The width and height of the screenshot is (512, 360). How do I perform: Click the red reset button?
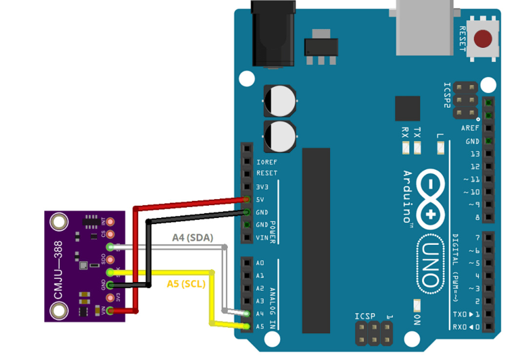tap(483, 39)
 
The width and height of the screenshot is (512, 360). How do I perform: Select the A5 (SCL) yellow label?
tap(186, 283)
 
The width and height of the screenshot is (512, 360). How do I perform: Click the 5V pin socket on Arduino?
tap(247, 200)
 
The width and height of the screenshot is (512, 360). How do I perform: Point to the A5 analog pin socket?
tap(247, 326)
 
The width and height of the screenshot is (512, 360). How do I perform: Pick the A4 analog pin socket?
tap(247, 314)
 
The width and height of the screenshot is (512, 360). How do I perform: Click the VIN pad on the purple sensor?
tap(111, 310)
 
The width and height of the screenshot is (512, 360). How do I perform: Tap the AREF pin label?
tap(470, 128)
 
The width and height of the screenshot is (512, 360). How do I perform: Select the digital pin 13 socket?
tap(488, 154)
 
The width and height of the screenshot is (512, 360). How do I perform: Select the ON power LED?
tap(417, 305)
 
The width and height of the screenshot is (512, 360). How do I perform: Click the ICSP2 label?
tap(447, 95)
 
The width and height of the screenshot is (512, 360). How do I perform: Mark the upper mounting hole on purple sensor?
tap(59, 222)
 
